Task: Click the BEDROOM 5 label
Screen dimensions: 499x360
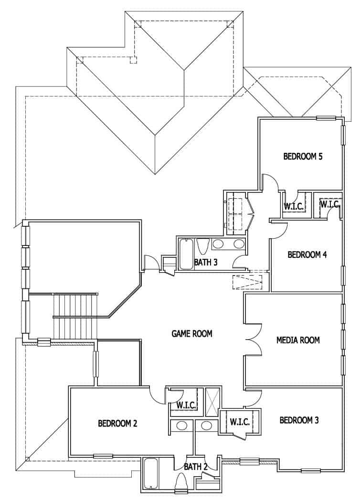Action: (303, 156)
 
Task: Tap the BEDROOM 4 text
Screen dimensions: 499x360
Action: (307, 255)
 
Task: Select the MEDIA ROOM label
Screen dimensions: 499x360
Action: (298, 340)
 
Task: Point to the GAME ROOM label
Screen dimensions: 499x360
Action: (192, 333)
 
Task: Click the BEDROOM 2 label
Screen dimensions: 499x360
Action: (118, 423)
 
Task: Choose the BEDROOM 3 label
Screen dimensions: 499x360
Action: (299, 420)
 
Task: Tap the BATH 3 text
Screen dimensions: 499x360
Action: (206, 262)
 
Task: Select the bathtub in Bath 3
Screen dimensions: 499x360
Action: (185, 254)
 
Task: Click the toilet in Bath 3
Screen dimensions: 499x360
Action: (202, 246)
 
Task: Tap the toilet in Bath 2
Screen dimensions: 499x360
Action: (181, 484)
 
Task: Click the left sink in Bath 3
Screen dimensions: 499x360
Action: (218, 244)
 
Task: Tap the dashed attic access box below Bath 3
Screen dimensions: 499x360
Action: (247, 282)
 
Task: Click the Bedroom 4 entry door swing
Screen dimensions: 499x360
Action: (279, 228)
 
